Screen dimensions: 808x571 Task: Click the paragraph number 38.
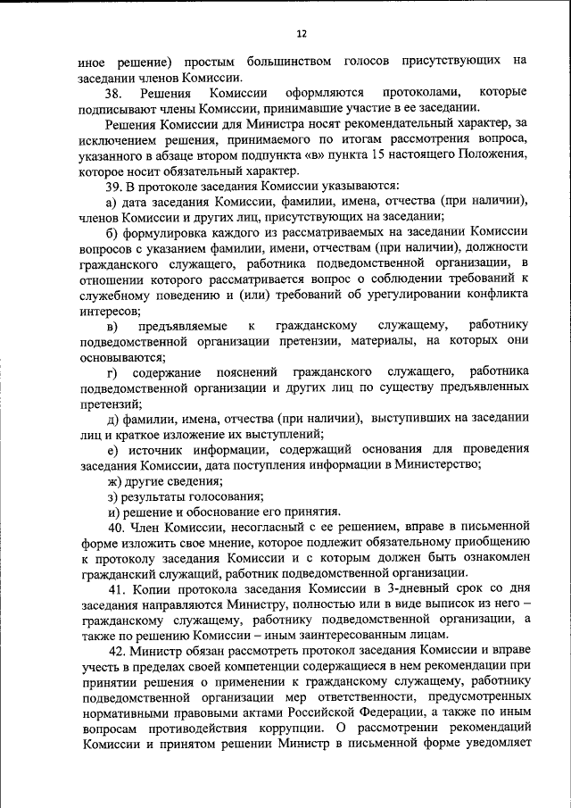pyautogui.click(x=113, y=92)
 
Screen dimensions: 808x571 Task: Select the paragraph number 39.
pyautogui.click(x=113, y=186)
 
